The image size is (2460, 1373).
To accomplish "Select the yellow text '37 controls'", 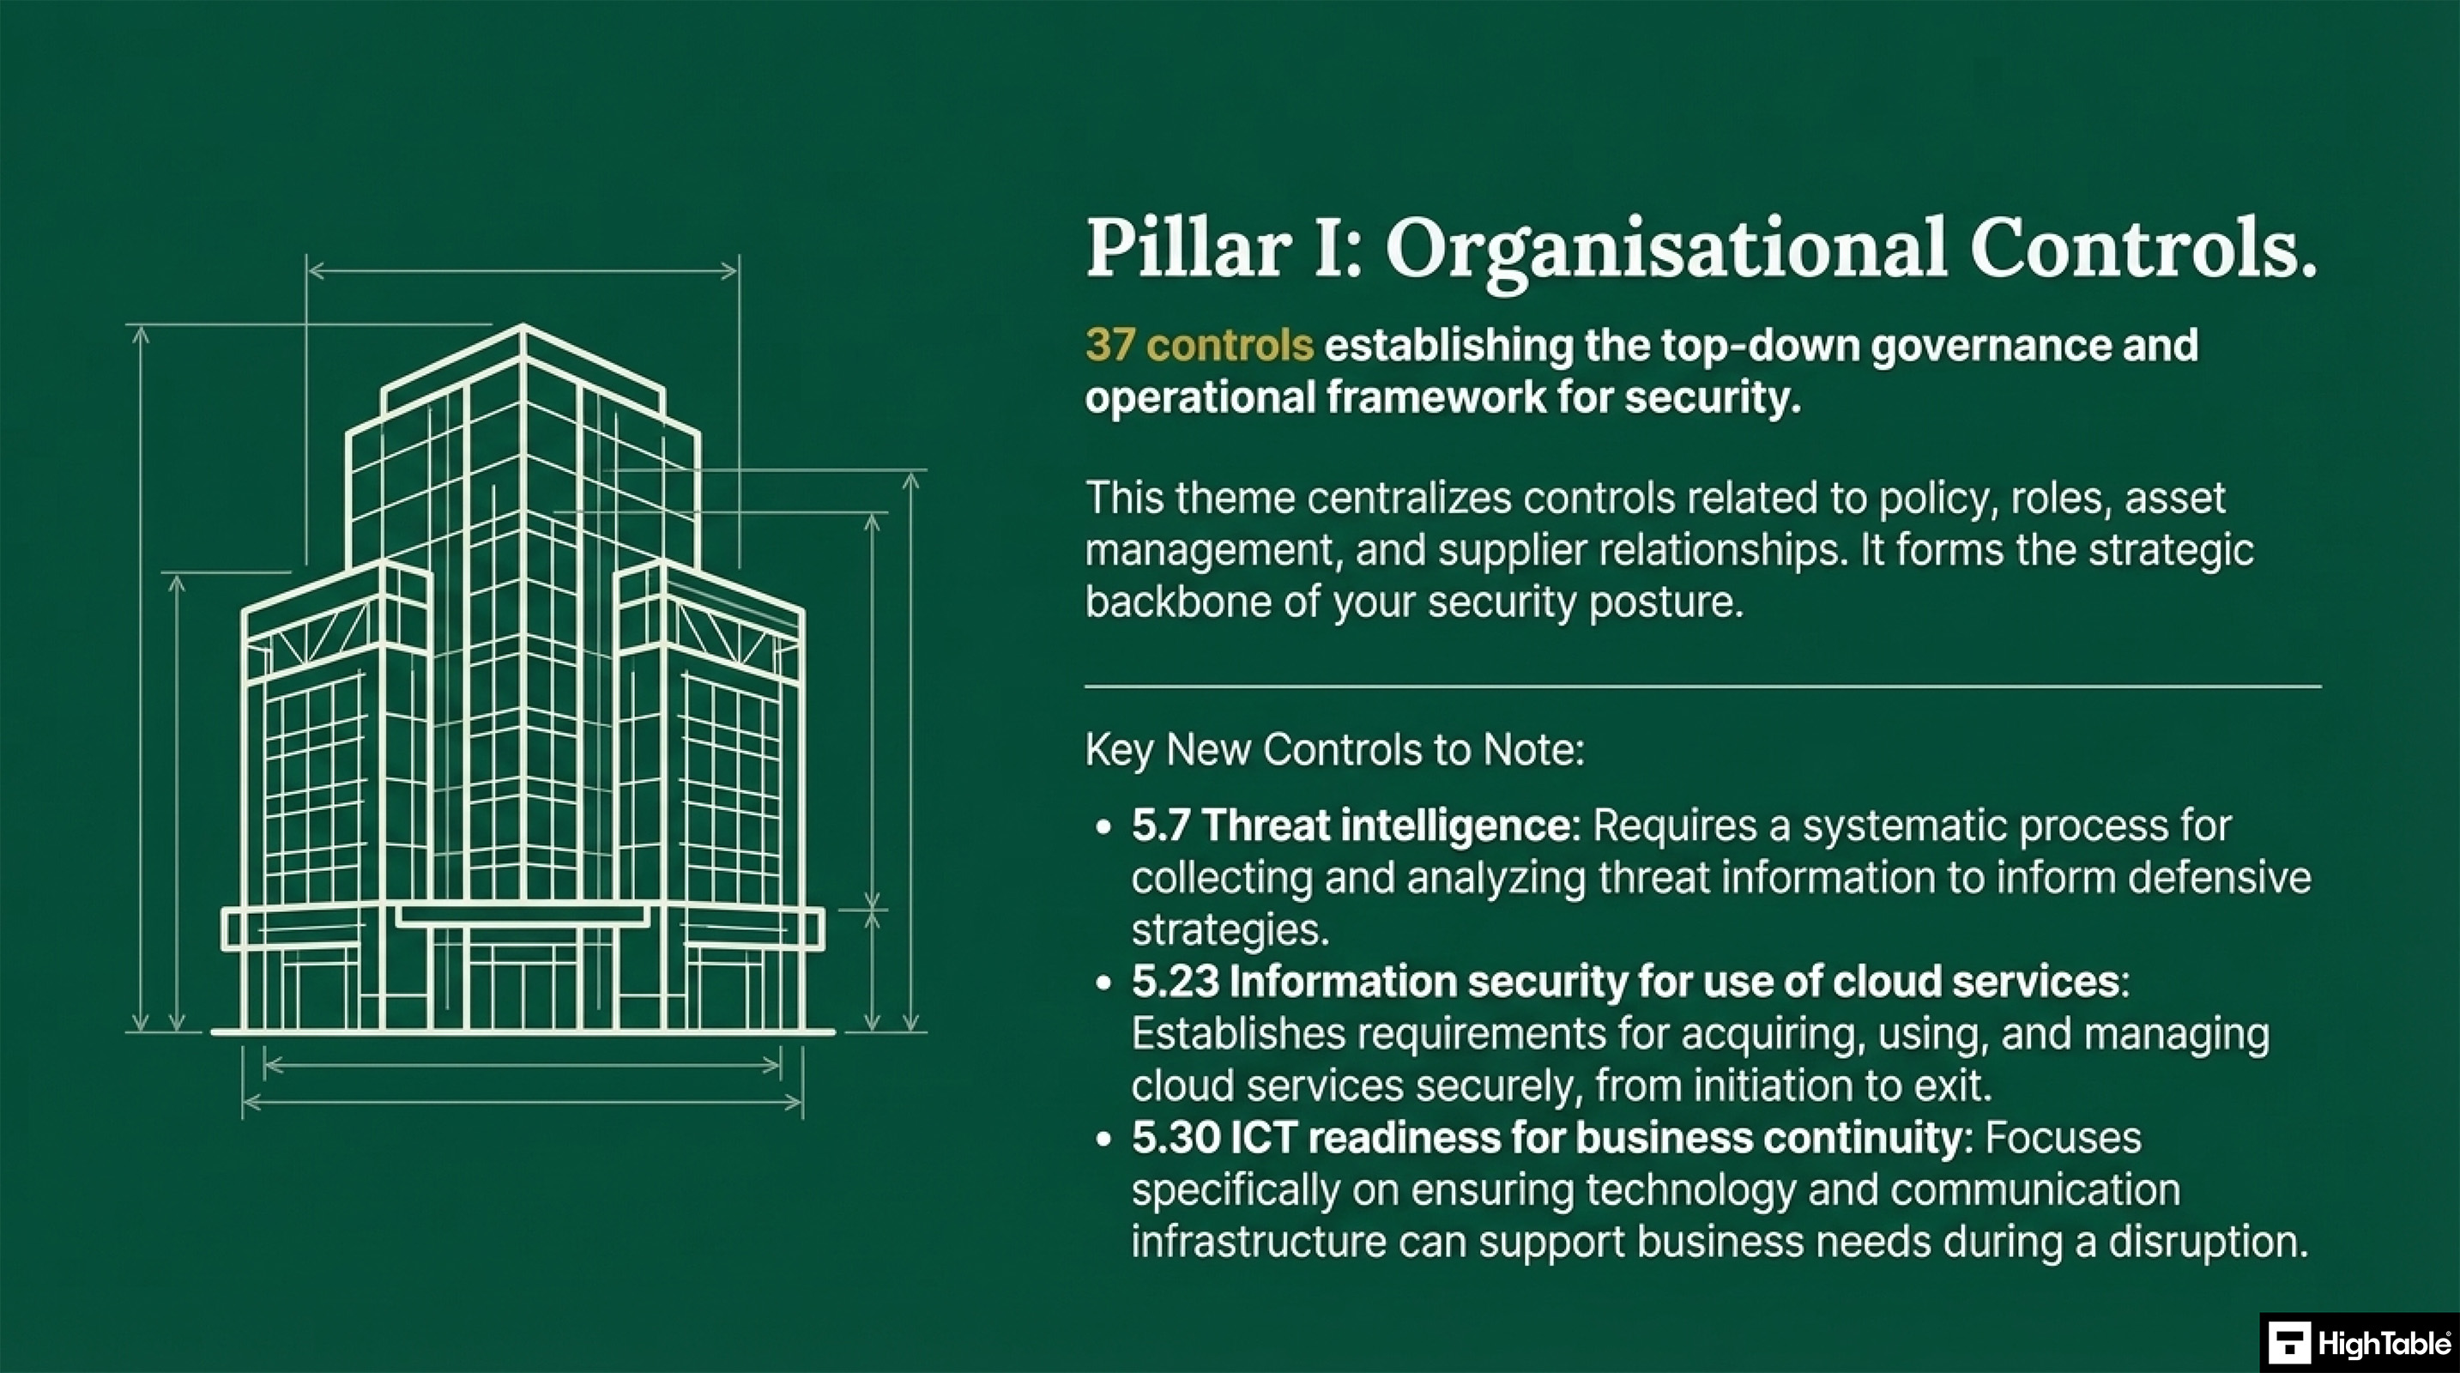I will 1199,345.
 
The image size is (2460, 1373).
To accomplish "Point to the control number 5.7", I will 1159,826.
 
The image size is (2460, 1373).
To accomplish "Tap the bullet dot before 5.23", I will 1104,983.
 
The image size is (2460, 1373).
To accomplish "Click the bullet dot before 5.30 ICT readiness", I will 1104,1139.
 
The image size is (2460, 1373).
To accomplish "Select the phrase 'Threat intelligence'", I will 1385,826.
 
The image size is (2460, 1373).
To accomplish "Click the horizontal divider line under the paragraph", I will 1701,686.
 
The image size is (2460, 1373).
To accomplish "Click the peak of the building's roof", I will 523,328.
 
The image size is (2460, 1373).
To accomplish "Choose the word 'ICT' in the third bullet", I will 1262,1138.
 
